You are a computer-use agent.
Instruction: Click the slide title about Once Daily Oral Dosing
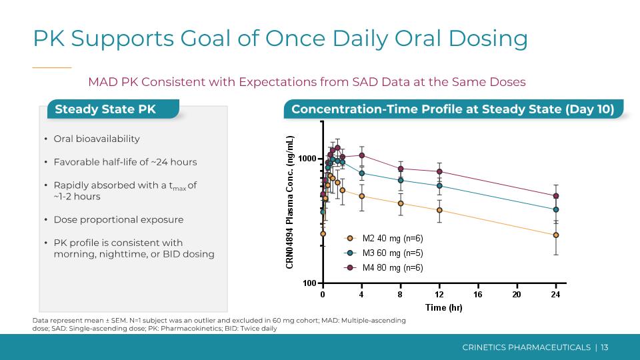click(x=280, y=39)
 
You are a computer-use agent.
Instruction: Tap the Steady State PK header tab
click(x=105, y=109)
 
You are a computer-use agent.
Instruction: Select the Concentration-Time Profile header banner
click(x=453, y=109)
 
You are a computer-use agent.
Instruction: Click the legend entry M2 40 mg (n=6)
click(x=393, y=238)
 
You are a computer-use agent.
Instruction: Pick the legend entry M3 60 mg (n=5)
click(x=393, y=253)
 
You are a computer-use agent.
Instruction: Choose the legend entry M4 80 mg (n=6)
click(x=393, y=267)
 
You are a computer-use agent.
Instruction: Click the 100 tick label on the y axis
click(x=309, y=283)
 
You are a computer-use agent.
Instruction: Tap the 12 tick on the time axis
click(x=439, y=294)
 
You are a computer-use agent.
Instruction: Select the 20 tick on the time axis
click(x=517, y=294)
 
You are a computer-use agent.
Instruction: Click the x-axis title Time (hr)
click(x=444, y=307)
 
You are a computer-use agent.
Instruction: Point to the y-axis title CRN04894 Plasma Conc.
click(x=290, y=202)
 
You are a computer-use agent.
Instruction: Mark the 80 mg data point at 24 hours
click(x=556, y=196)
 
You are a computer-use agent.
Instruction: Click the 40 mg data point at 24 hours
click(x=556, y=235)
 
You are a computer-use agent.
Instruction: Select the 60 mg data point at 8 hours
click(x=401, y=180)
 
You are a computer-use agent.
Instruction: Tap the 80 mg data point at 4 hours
click(x=361, y=155)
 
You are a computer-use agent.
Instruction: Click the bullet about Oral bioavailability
click(x=97, y=139)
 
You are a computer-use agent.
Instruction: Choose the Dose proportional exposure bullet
click(x=118, y=219)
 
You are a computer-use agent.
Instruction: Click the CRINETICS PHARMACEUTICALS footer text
click(x=527, y=347)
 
